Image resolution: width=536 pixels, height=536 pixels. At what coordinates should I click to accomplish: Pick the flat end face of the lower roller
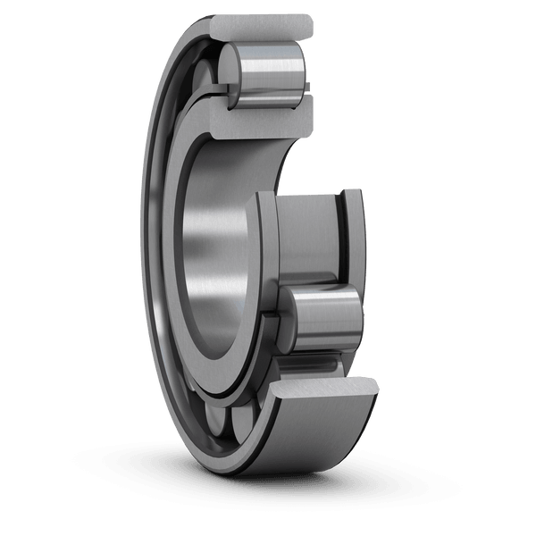coord(284,320)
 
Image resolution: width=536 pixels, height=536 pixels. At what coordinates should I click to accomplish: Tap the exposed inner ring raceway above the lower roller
coord(308,232)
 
